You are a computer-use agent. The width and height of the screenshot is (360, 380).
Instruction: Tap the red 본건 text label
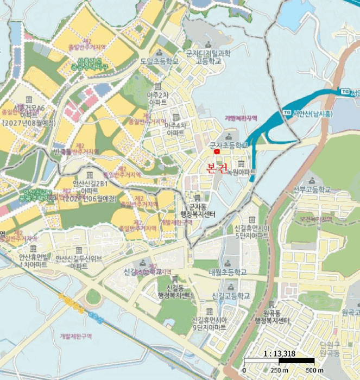[217, 168]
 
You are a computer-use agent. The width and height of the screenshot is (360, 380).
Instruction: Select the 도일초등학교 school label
[159, 61]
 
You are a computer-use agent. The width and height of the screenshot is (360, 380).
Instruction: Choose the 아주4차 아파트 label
[175, 128]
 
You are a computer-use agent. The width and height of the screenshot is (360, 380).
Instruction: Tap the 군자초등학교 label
[228, 145]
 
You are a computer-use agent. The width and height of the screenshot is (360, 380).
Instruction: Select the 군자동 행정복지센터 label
[198, 211]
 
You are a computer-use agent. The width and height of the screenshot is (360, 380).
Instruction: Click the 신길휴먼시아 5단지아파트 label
[252, 232]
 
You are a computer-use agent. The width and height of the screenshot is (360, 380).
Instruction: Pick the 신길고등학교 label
[231, 296]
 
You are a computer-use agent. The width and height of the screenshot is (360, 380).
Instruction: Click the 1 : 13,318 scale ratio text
[279, 353]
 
